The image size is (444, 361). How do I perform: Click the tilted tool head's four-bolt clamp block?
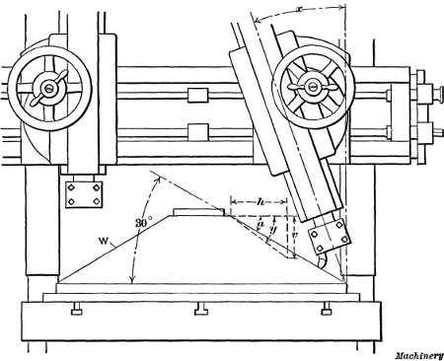[x=328, y=237]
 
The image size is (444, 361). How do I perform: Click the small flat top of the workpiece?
[x=200, y=211]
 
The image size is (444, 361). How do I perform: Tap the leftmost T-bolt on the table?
[x=75, y=314]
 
